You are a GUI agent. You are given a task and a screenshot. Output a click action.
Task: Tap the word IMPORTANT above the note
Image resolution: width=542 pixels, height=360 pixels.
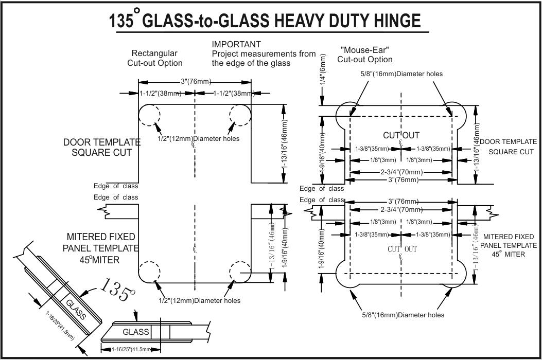[x=236, y=44]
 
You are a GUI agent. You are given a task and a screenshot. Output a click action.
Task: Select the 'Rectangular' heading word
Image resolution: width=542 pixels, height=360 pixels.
[x=154, y=53]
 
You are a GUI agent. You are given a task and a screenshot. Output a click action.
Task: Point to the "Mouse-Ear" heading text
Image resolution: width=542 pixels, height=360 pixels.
[x=364, y=50]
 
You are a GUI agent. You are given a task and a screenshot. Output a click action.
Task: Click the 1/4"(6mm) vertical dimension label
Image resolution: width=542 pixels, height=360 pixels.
[x=323, y=69]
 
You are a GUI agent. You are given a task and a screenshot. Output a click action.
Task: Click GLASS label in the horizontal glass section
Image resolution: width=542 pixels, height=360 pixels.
[x=135, y=332]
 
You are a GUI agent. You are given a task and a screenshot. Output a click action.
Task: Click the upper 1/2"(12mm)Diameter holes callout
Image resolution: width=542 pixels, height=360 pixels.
[x=199, y=138]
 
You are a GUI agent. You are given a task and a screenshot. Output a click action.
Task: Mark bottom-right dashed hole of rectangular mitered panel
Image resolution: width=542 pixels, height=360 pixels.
[x=240, y=272]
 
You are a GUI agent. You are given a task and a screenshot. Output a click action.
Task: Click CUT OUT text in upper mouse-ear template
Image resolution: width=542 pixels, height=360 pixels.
[x=401, y=136]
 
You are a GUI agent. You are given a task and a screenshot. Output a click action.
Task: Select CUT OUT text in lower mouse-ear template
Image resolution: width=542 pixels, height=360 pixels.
[x=402, y=249]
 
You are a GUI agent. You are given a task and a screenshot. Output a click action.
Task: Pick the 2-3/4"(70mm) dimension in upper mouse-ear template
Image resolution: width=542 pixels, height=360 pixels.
[x=401, y=172]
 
